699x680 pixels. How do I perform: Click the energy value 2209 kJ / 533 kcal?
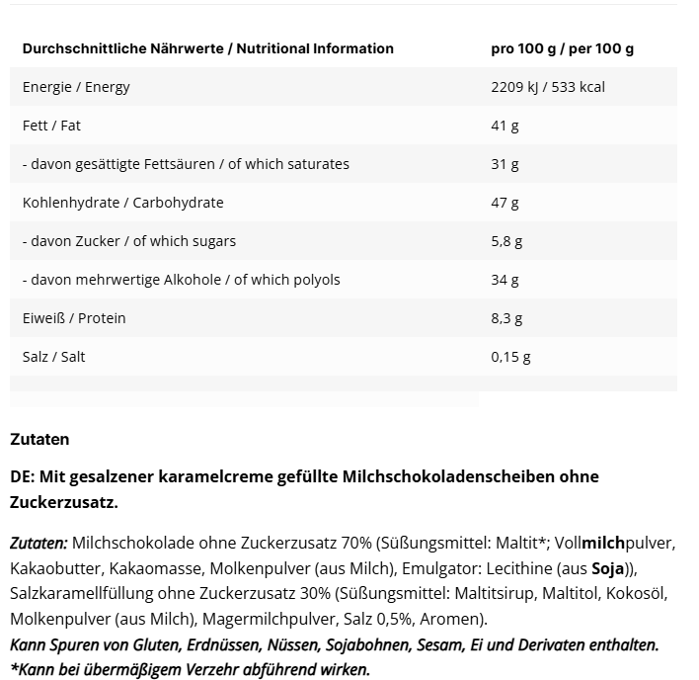click(547, 87)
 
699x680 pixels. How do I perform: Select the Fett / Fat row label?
click(51, 126)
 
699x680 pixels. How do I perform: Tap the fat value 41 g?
click(504, 126)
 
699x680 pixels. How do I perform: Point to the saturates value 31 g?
click(504, 164)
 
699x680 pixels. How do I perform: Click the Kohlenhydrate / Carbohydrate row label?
click(122, 203)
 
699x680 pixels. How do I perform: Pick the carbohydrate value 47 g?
click(504, 203)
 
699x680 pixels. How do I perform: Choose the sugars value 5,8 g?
click(505, 241)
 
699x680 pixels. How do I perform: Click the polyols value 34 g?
click(504, 280)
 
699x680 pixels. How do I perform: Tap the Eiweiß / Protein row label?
click(74, 318)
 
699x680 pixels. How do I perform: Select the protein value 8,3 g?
click(505, 318)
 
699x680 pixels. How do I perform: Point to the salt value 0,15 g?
click(509, 357)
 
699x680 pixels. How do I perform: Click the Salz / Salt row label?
click(53, 357)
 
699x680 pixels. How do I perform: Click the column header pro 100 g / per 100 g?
click(562, 48)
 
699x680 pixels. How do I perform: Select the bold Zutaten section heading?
click(39, 439)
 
